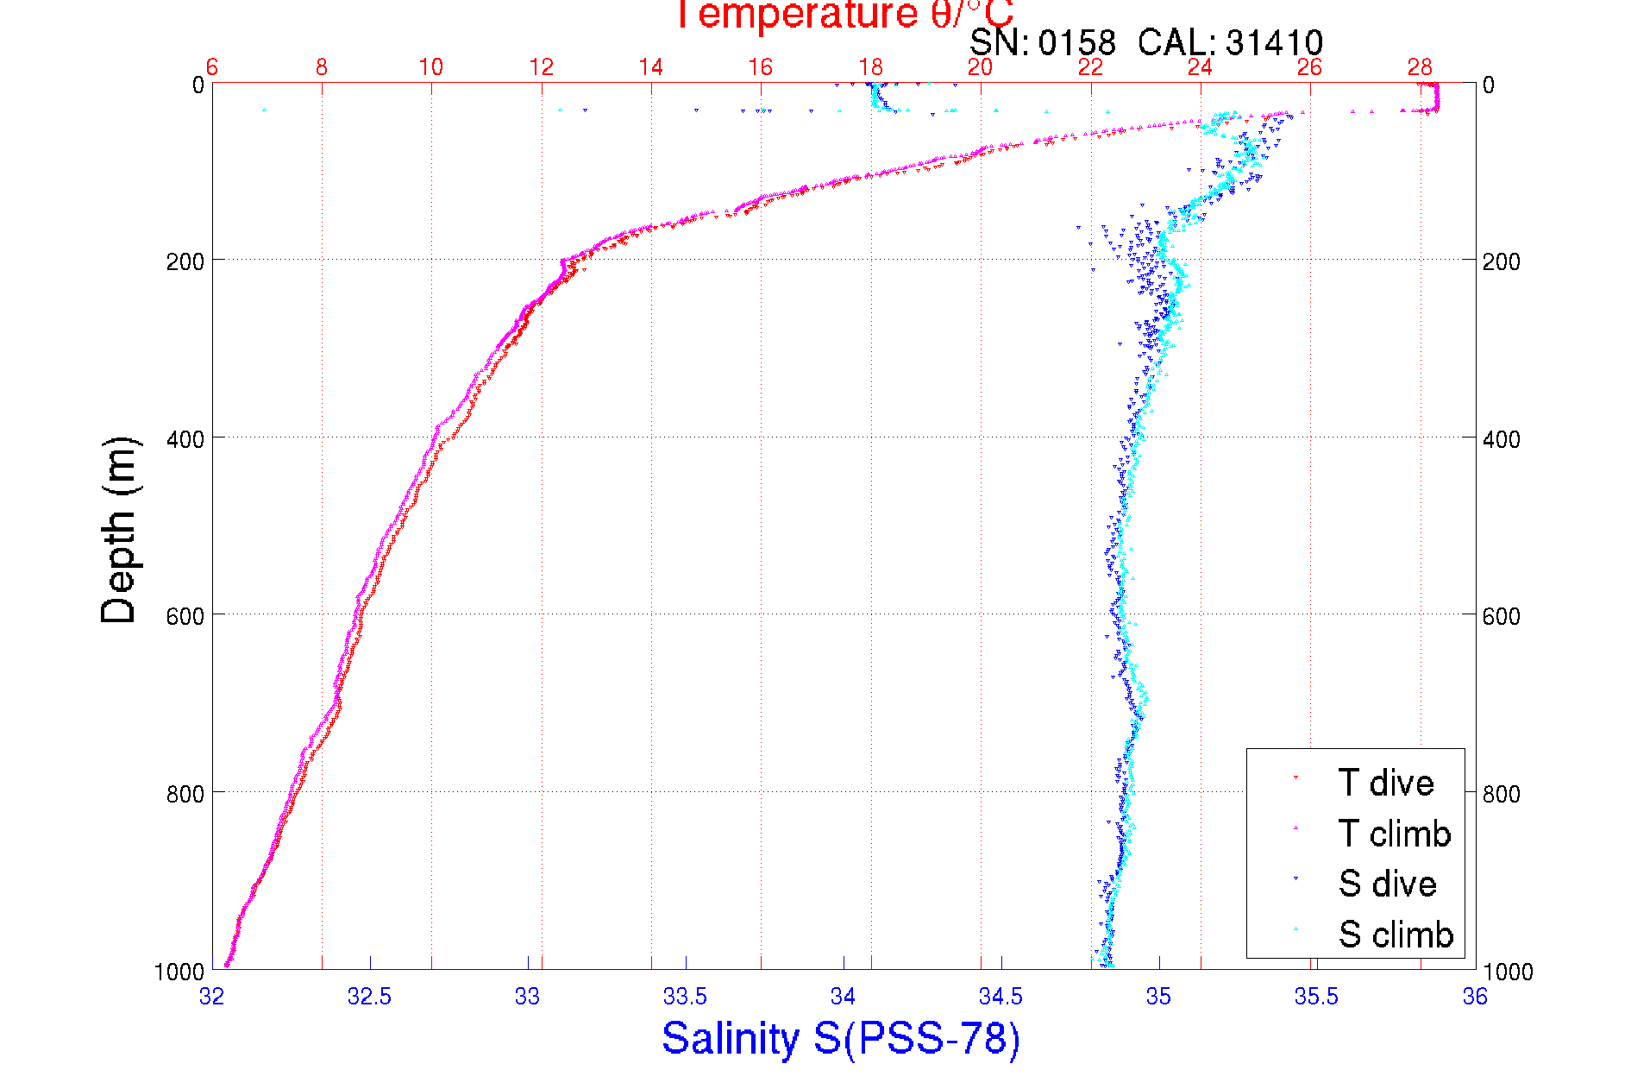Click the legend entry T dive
pos(1385,784)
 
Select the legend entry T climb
pos(1394,834)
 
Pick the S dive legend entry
pos(1387,884)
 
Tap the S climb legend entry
pos(1396,935)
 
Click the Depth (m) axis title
pos(119,530)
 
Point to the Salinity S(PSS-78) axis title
pos(841,1038)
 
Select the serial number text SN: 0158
pos(1042,42)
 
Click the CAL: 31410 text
pos(1230,42)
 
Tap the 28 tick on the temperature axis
pos(1420,67)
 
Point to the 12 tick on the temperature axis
pos(541,67)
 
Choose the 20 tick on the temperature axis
pos(980,67)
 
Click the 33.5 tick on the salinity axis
pos(685,997)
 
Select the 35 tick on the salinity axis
pos(1158,997)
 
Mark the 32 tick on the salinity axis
pos(212,997)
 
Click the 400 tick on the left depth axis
pos(185,439)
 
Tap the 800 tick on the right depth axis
pos(1501,794)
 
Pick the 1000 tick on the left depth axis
pos(179,972)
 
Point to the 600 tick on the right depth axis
pos(1501,616)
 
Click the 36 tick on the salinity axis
pos(1475,997)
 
